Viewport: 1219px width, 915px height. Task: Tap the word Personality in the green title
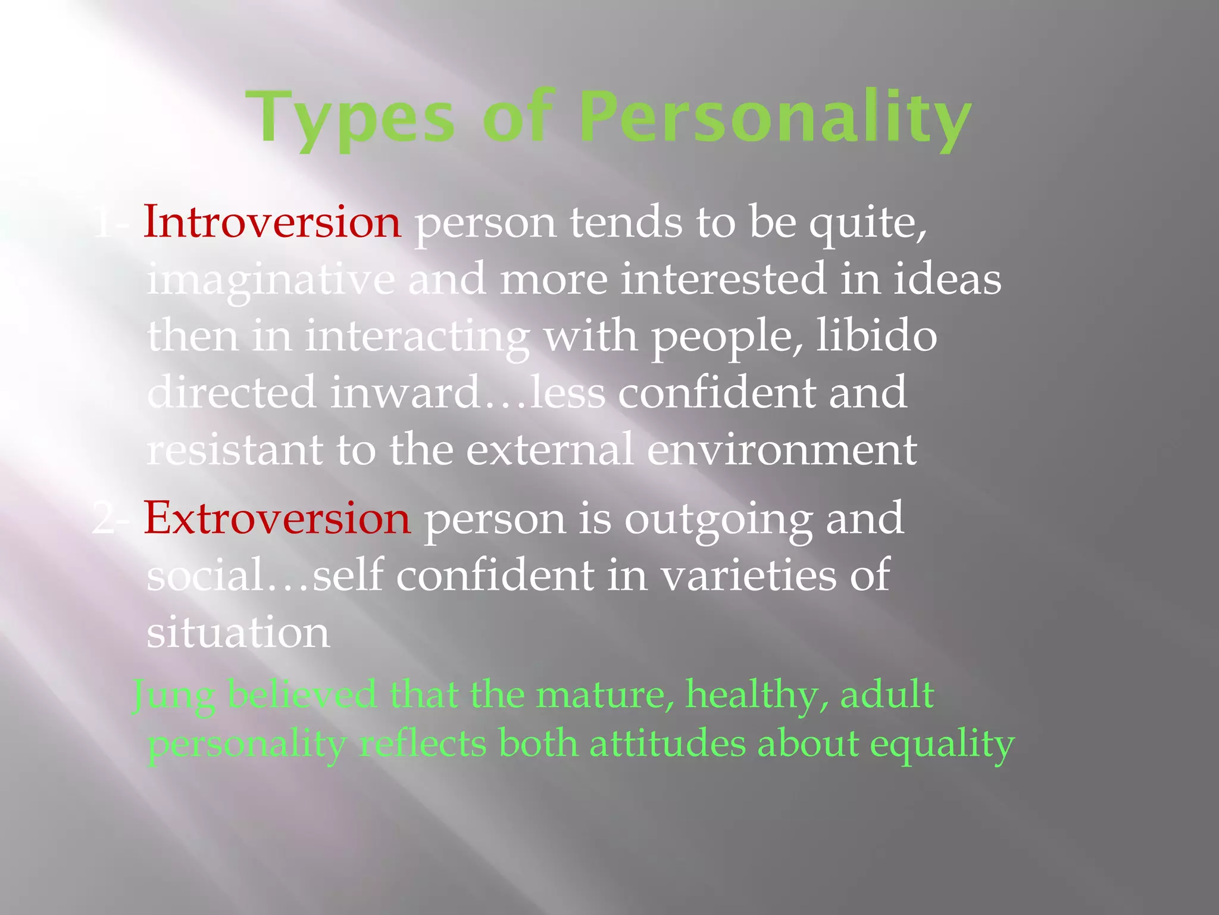pos(775,117)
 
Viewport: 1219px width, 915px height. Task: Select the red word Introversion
pos(272,222)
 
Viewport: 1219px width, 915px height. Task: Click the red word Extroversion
pos(277,518)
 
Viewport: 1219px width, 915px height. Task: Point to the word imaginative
pos(271,279)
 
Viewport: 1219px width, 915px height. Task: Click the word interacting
pos(417,337)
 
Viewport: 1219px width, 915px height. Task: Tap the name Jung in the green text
pos(173,696)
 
